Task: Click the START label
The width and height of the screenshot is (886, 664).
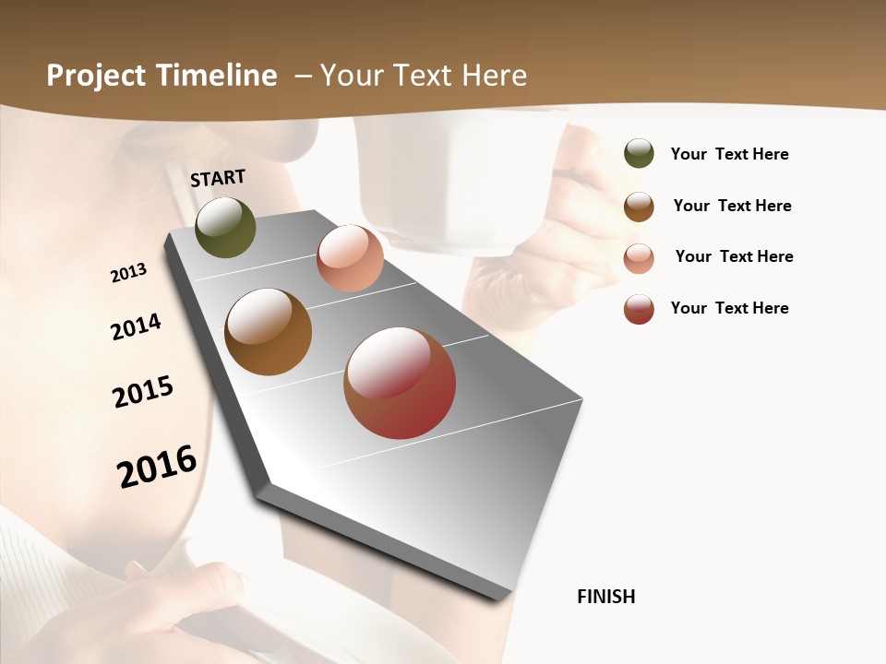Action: click(x=218, y=178)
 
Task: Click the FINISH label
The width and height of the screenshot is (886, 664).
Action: click(x=606, y=597)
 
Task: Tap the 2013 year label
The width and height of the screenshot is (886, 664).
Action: click(x=128, y=273)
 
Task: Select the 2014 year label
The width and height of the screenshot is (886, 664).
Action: click(x=136, y=326)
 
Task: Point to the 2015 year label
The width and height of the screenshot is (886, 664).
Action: click(x=143, y=392)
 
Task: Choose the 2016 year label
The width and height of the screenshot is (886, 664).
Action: click(x=157, y=467)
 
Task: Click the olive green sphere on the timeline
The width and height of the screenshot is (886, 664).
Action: click(x=225, y=228)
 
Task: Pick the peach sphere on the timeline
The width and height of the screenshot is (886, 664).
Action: click(x=350, y=257)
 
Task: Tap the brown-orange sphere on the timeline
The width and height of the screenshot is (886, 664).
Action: click(x=268, y=332)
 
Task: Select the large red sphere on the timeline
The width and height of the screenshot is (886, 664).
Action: click(x=400, y=383)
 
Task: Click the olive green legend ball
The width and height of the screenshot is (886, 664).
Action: click(x=639, y=153)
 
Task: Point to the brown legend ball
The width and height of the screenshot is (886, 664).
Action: click(x=639, y=207)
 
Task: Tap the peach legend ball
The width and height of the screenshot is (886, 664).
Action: click(x=639, y=258)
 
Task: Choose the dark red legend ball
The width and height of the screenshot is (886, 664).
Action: click(x=639, y=309)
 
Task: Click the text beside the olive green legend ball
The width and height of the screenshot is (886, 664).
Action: click(x=729, y=154)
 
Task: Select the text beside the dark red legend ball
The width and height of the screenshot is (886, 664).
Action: click(x=729, y=308)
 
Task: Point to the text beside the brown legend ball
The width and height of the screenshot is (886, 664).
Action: click(x=732, y=206)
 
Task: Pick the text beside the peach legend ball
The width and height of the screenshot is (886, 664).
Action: click(x=734, y=256)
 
